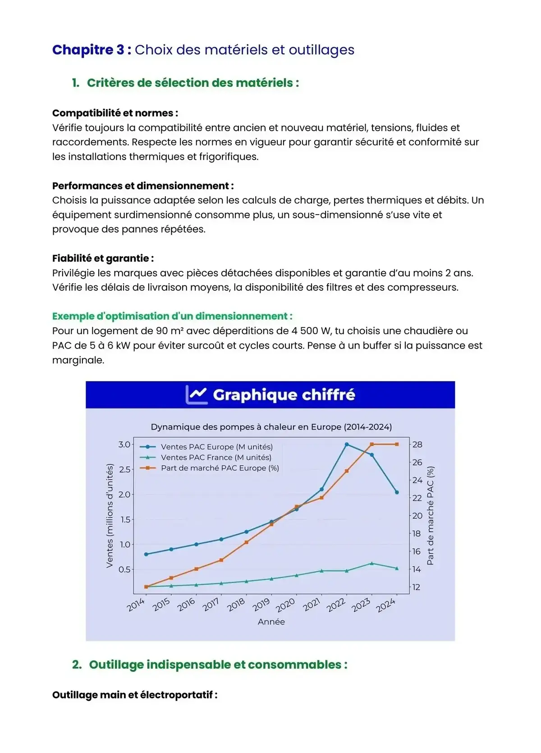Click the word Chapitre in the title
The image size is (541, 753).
click(88, 50)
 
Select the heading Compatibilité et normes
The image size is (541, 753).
click(115, 113)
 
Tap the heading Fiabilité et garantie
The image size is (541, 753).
click(103, 258)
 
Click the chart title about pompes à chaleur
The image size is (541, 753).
click(271, 427)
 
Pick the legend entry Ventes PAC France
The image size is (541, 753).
click(216, 457)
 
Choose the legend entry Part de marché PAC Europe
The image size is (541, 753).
click(220, 468)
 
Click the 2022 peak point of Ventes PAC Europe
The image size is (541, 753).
click(347, 444)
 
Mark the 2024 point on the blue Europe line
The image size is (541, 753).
click(397, 492)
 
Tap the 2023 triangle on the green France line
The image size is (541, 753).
click(371, 563)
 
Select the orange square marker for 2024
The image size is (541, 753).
click(397, 444)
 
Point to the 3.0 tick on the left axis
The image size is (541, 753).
click(124, 445)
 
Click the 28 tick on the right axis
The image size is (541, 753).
click(417, 445)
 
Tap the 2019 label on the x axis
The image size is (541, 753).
click(261, 604)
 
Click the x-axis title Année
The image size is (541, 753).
click(271, 622)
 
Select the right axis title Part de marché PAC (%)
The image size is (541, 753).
click(430, 516)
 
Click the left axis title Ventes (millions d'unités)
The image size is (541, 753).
click(109, 516)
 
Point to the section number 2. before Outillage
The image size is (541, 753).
click(77, 665)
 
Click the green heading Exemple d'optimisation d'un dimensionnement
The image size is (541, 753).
click(172, 316)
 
